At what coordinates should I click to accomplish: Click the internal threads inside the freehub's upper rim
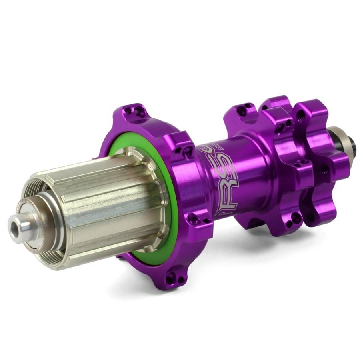coord(36,184)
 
